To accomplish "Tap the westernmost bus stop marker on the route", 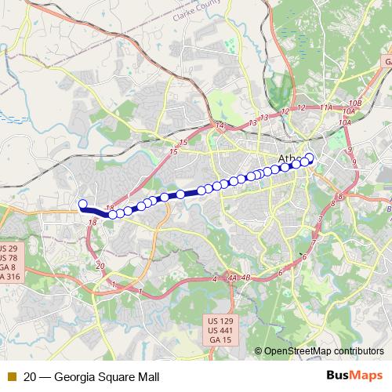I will (x=82, y=205).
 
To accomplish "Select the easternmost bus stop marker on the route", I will (x=310, y=158).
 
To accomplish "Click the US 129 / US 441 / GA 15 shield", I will (x=220, y=332).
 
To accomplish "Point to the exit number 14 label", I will (x=220, y=125).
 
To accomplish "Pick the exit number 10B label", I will (x=355, y=103).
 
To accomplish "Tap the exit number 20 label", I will (x=100, y=267).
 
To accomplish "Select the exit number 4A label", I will (x=232, y=278).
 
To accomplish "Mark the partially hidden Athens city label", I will (x=287, y=159).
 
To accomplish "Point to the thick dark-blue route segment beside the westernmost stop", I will (x=95, y=209).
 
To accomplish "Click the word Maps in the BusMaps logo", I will (x=365, y=376).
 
